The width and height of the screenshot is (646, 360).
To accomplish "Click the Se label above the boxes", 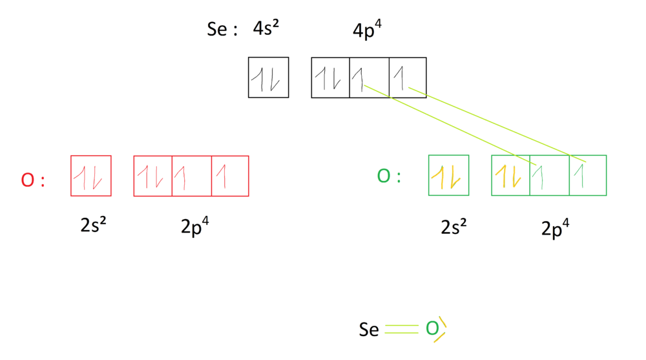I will (217, 30).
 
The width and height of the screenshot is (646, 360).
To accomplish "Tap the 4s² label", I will (266, 29).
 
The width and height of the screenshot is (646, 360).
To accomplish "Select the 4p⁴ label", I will (367, 30).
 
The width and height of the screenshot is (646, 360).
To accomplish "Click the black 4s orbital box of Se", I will (268, 78).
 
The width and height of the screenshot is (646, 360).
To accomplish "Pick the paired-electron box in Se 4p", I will (330, 78).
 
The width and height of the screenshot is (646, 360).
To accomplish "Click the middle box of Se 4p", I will (369, 78).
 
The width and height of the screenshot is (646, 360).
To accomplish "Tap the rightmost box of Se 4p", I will (408, 78).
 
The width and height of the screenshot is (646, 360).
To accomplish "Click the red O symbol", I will (27, 180).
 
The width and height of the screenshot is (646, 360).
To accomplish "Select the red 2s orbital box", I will (90, 176).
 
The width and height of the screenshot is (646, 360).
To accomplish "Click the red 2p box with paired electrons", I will (152, 176).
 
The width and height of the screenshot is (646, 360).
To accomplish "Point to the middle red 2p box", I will (192, 176).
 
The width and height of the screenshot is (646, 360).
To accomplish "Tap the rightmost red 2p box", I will (230, 176).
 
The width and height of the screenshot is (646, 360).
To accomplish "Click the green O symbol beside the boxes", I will (384, 176).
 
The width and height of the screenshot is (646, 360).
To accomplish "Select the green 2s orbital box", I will (448, 175).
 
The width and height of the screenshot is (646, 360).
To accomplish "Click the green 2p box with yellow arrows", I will (510, 175).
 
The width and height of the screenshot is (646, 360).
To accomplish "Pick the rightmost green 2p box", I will (588, 175).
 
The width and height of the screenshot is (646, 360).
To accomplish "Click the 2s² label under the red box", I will (93, 226).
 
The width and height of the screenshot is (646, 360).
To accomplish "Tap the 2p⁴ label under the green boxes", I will (556, 228).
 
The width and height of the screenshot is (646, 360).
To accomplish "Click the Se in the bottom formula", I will (369, 330).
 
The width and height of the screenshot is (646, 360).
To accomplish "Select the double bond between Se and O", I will (402, 330).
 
